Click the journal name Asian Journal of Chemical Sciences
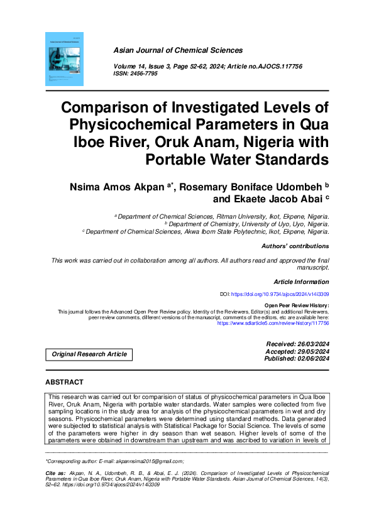coord(178,50)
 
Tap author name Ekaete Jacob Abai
coord(276,200)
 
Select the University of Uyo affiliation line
coord(247,224)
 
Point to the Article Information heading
coord(301,282)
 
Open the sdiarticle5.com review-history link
coord(273,324)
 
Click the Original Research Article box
coord(89,354)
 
